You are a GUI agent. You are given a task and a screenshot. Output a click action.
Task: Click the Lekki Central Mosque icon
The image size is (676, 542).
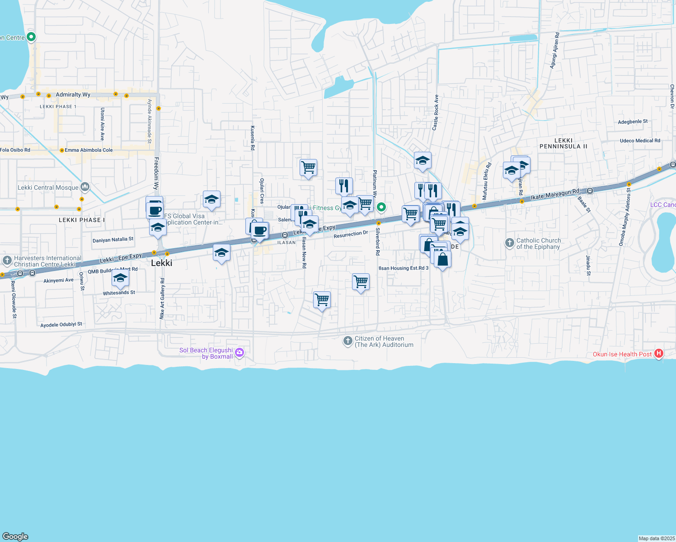point(85,187)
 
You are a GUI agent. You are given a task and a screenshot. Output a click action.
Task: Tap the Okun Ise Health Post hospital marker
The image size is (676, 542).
point(659,354)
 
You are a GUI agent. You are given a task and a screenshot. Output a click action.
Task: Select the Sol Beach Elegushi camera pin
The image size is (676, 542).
point(239,353)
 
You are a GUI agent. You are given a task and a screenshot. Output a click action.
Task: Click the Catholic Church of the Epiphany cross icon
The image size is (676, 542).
point(509,243)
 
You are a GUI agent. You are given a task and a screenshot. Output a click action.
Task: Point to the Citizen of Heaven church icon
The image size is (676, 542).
point(347,341)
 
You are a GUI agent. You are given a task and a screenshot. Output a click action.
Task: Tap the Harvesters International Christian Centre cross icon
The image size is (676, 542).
point(7,260)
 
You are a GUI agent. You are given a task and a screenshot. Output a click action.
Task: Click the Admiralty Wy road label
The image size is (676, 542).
point(73,94)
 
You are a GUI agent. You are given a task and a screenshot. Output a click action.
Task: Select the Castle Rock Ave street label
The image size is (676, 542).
point(436,112)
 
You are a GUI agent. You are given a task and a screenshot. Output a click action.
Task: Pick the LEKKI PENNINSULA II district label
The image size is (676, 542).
point(563,144)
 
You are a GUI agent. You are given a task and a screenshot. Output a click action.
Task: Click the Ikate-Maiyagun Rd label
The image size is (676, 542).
point(554,194)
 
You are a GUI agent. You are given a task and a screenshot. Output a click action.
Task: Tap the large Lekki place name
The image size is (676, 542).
point(162,263)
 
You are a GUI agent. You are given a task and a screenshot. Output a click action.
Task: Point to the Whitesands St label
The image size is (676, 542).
point(119,293)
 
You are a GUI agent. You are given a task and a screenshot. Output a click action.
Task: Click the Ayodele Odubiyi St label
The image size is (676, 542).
point(61,324)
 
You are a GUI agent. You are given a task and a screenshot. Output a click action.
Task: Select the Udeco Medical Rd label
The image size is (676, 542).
point(640,140)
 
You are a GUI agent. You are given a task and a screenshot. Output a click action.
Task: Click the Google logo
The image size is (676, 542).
point(15,537)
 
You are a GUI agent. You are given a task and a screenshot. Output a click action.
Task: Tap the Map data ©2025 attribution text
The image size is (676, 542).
point(657,538)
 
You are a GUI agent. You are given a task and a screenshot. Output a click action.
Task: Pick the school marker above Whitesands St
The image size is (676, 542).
point(120,278)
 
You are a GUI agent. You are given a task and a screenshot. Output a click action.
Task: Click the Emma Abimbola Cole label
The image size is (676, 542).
point(89,150)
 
